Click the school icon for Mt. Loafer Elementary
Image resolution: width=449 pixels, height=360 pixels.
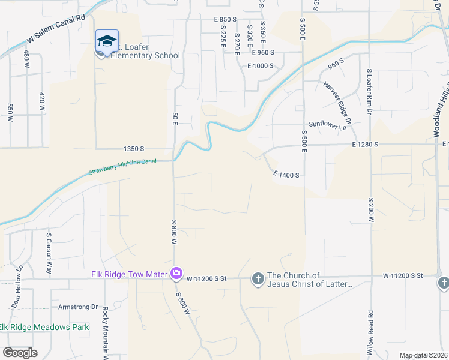point(107,41)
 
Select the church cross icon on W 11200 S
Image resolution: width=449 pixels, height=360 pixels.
point(258,279)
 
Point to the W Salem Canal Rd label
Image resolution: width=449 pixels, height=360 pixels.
point(56,31)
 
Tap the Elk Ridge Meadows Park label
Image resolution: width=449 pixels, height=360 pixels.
point(44,327)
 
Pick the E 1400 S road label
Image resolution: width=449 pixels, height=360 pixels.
point(286,175)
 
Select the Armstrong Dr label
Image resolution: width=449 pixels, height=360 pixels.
point(77,307)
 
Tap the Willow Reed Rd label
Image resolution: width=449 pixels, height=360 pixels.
point(371,331)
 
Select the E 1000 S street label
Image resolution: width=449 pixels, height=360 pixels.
point(260,65)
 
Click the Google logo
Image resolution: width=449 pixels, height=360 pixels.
point(20,352)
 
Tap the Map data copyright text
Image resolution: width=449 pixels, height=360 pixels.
point(423,355)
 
